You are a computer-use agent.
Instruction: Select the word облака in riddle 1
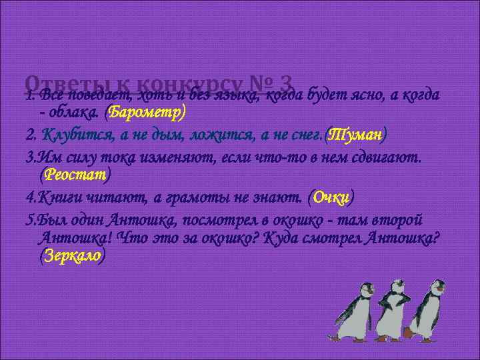coord(72,112)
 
